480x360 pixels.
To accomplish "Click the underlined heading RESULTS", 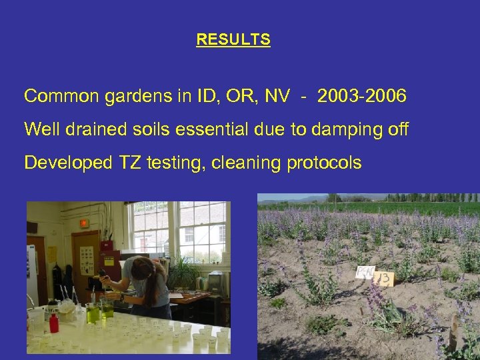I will click(x=233, y=40).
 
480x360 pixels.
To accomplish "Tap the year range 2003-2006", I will click(x=362, y=97).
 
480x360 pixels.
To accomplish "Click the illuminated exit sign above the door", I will click(x=84, y=223).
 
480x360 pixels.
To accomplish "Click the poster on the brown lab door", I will click(x=87, y=257).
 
